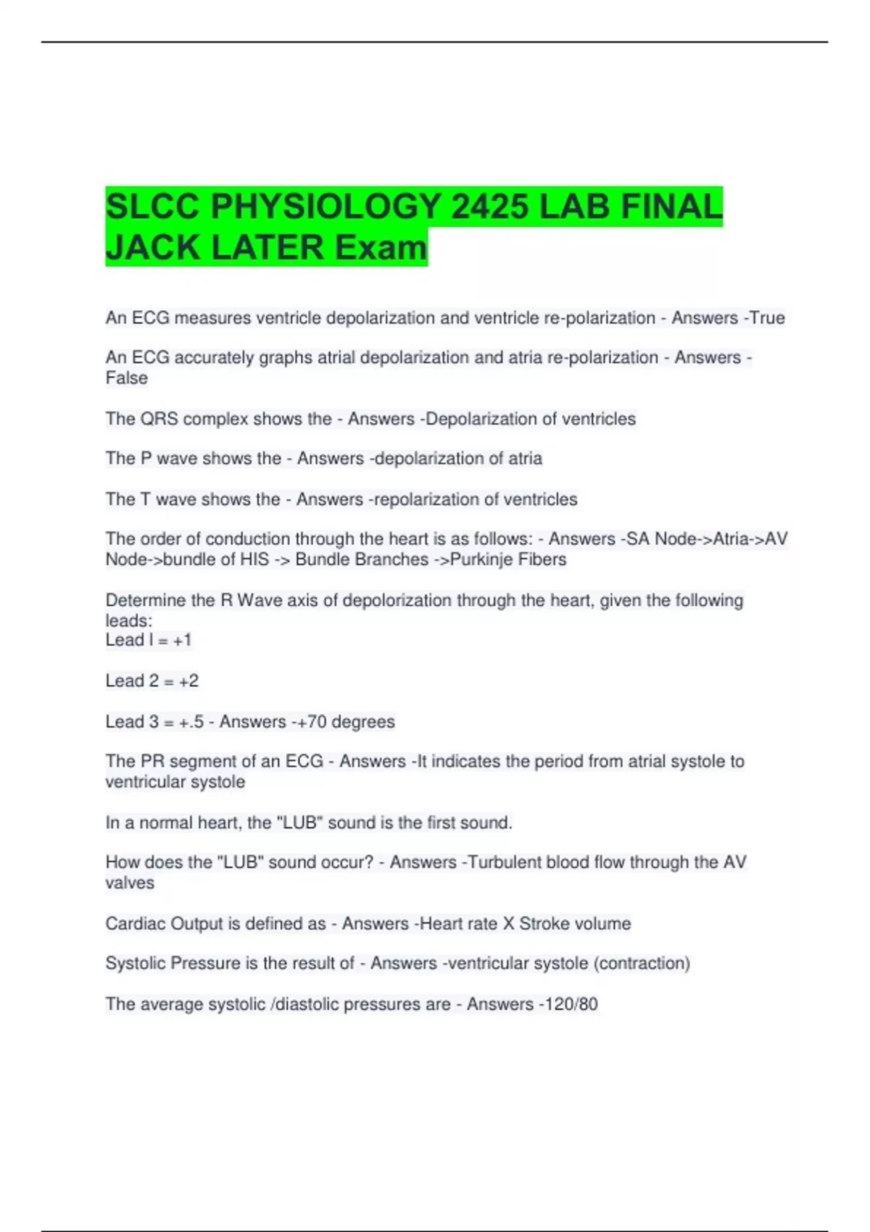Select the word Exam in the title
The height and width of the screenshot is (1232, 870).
[x=381, y=248]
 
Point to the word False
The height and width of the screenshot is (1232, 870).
[x=127, y=378]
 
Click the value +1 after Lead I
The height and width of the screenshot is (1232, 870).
[x=182, y=640]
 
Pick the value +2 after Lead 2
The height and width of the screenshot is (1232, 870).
[x=188, y=681]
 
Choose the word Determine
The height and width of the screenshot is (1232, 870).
[x=145, y=601]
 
